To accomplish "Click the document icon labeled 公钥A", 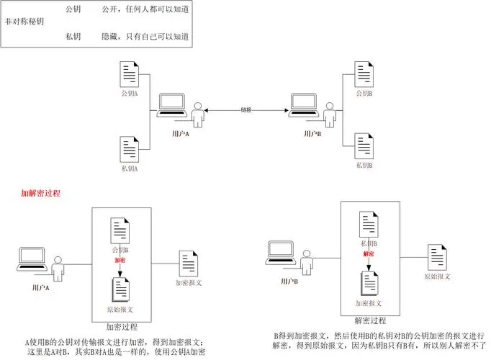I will pyautogui.click(x=129, y=75).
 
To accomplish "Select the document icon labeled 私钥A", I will pyautogui.click(x=129, y=150).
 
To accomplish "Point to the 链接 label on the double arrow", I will pyautogui.click(x=247, y=109).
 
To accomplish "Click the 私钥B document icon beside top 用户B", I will pyautogui.click(x=364, y=146).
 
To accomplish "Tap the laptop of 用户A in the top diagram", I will pyautogui.click(x=172, y=106).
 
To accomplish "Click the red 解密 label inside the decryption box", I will pyautogui.click(x=369, y=253).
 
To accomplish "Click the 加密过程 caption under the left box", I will pyautogui.click(x=121, y=326).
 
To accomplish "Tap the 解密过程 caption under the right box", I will pyautogui.click(x=371, y=320).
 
